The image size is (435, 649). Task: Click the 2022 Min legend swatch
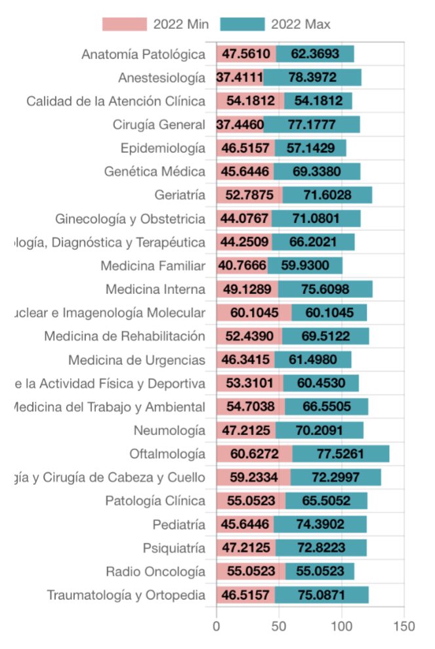(124, 24)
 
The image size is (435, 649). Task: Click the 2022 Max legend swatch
(241, 24)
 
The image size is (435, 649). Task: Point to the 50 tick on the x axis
(279, 626)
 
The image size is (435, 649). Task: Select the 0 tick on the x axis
(217, 626)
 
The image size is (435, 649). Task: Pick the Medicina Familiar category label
(153, 266)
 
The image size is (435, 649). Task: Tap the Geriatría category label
(180, 196)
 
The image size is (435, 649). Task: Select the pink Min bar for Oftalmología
(255, 454)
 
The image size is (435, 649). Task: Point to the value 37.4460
(240, 125)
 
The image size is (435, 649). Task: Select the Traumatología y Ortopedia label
(126, 595)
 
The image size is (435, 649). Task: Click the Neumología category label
(169, 430)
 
